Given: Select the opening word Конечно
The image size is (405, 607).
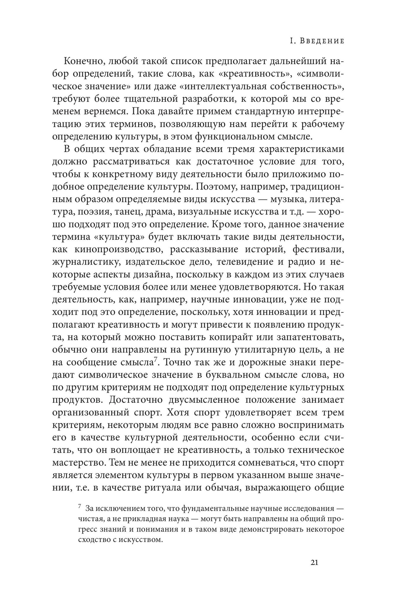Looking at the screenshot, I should (x=84, y=62).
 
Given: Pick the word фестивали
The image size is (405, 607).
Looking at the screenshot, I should (x=318, y=250).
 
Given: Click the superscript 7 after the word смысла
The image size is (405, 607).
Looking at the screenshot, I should (x=155, y=360).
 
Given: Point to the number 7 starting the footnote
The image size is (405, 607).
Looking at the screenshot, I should (x=80, y=507).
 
